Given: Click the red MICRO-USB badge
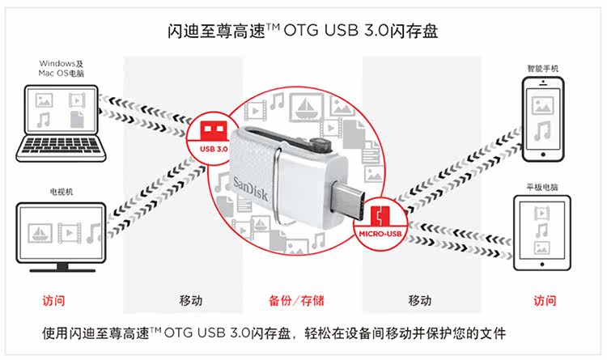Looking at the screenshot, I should click(378, 222).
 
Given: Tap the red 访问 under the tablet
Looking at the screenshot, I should click(545, 300).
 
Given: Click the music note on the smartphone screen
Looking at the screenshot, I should click(542, 130).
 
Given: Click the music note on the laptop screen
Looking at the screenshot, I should click(45, 120).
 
